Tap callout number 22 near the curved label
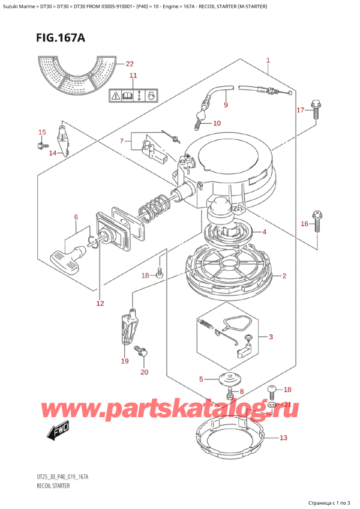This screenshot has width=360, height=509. pos(130,64)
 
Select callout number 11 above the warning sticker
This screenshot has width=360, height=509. pos(133,76)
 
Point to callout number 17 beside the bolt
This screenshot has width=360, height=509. pos(301,110)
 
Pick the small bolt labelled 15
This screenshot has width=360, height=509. pos(42,145)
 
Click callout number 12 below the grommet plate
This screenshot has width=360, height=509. pos(100,303)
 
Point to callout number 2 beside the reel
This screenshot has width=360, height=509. pos(284,276)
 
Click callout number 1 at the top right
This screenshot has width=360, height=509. pos(268,60)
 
